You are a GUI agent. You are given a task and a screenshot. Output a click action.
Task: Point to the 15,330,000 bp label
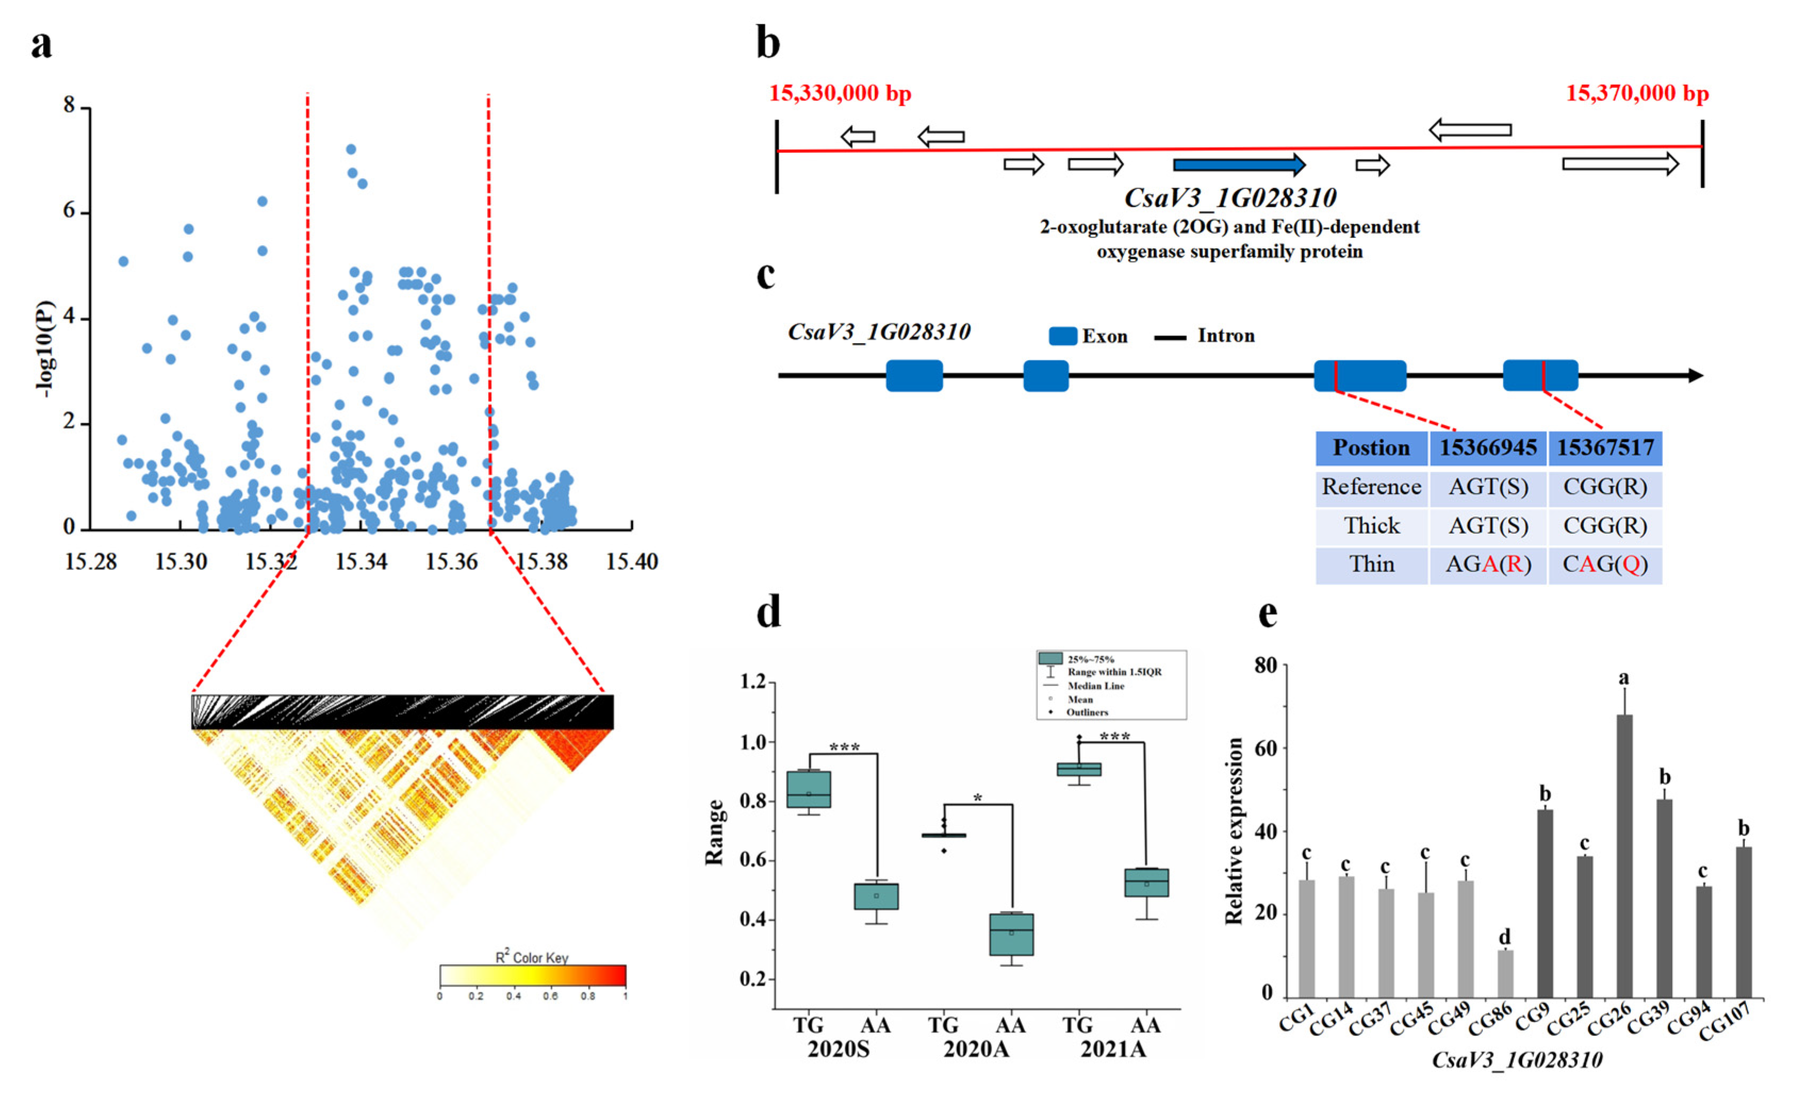coord(840,94)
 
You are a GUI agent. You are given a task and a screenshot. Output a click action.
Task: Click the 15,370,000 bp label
coord(1637,94)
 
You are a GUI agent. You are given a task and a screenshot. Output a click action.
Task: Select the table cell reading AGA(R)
coord(1488,564)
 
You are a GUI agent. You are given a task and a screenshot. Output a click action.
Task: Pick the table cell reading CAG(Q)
coord(1605,564)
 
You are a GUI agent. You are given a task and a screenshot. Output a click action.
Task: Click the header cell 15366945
coord(1488,448)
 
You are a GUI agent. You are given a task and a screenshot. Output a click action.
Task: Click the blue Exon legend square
coord(1062,336)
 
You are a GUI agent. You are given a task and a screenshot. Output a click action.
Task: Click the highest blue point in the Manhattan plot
coord(351,149)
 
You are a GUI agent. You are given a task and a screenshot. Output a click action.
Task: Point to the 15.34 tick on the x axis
coord(362,562)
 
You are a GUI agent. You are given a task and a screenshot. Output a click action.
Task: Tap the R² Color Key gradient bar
coord(533,975)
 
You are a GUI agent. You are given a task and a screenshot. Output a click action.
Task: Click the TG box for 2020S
coord(809,789)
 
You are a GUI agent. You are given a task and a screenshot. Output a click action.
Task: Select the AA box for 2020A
coord(1011,933)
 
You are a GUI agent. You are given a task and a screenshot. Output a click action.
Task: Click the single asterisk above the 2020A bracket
coord(978,798)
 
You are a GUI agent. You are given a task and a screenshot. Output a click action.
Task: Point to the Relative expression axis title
coord(1234,831)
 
